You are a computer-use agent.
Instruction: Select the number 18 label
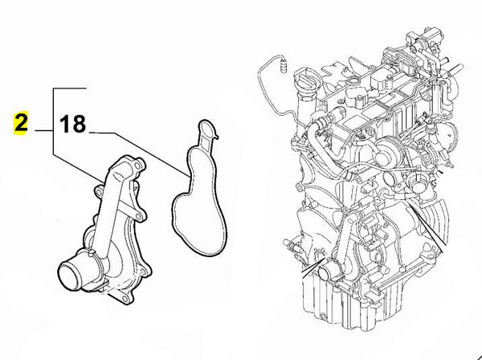point(72,125)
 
